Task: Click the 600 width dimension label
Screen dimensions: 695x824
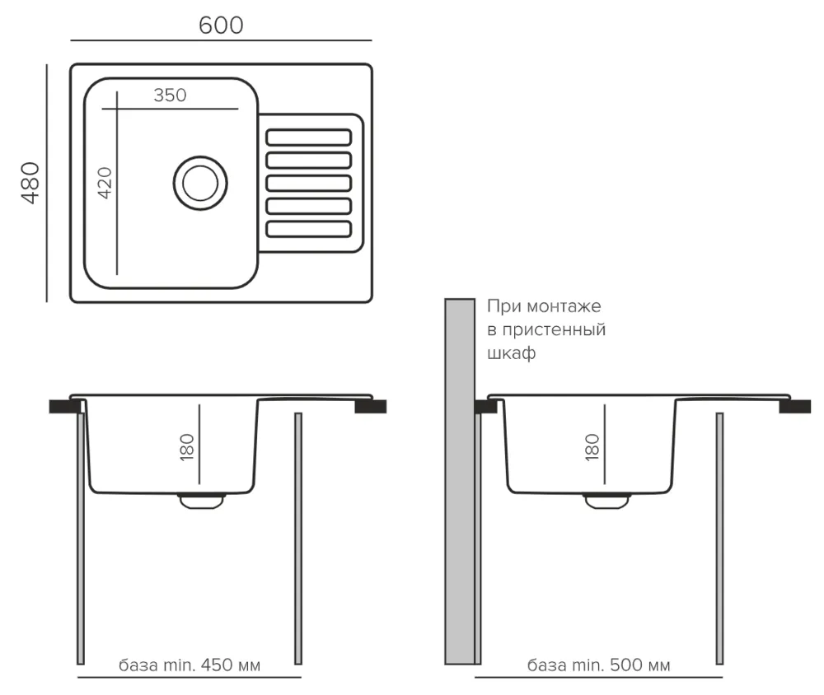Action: (221, 26)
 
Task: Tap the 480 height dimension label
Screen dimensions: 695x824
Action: (30, 183)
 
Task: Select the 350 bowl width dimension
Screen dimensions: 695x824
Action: (170, 95)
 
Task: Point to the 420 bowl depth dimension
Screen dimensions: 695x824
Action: (105, 184)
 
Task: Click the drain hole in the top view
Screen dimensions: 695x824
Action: (199, 182)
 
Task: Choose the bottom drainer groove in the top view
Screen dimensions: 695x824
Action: (309, 228)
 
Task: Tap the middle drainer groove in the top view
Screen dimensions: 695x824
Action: (309, 182)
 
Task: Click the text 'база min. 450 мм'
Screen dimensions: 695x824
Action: (189, 665)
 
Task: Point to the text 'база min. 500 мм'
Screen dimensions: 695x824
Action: (598, 665)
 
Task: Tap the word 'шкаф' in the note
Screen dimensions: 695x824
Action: (512, 353)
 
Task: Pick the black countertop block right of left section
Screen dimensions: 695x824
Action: (371, 405)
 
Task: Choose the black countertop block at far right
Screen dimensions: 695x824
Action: (795, 405)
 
